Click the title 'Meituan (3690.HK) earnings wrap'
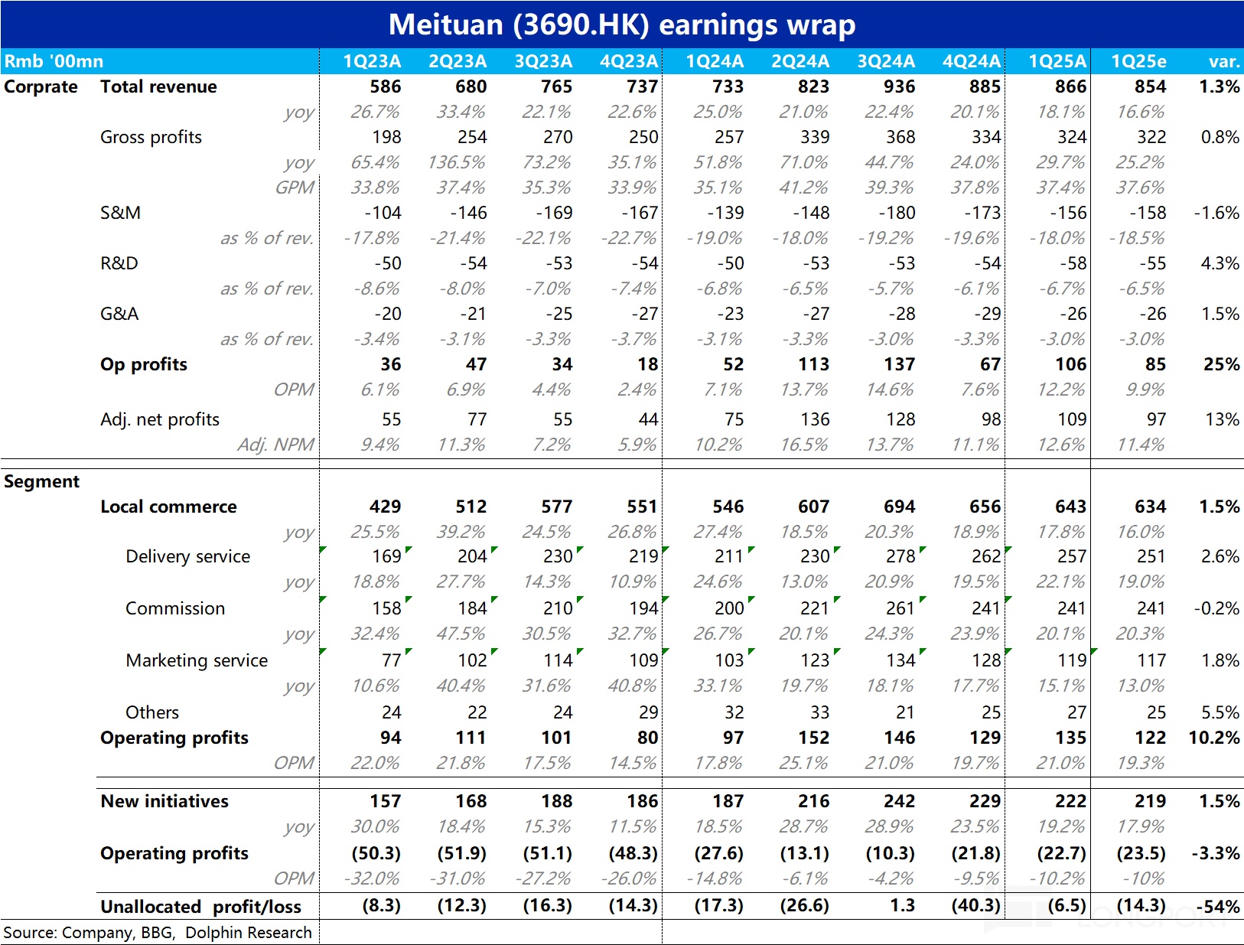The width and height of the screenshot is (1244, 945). pos(621,24)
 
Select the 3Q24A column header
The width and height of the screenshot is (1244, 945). pos(885,61)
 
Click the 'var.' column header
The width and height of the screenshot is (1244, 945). pos(1223,61)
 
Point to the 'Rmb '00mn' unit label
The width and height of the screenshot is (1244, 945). pos(54,61)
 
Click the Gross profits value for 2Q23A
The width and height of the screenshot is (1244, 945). pos(472,137)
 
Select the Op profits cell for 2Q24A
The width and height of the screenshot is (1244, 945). pos(813,364)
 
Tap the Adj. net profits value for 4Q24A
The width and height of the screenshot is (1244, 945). pos(991,419)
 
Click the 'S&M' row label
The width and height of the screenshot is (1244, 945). pos(120,213)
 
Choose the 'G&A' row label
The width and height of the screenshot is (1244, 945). pos(119,314)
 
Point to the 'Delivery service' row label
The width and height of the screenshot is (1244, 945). pos(187,556)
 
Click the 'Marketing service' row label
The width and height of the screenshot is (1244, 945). pos(197,660)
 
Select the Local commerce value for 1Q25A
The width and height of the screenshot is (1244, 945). pos(1070,507)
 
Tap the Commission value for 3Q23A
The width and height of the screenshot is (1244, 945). pos(558,608)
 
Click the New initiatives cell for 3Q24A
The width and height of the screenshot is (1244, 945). pos(899,801)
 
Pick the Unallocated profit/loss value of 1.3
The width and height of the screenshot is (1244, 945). pos(902,905)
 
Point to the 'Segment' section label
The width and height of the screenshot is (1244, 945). pos(41,481)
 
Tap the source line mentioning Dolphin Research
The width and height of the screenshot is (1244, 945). pos(158,933)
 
